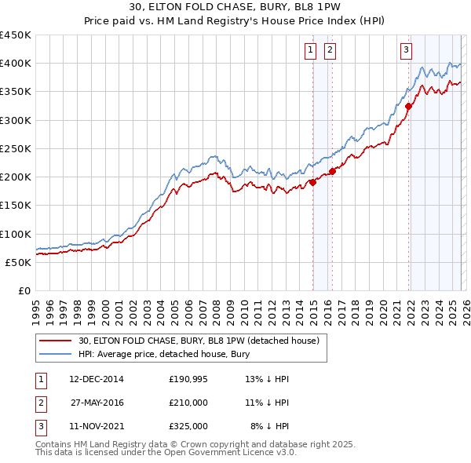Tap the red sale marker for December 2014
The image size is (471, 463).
click(312, 182)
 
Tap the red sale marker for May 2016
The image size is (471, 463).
click(332, 171)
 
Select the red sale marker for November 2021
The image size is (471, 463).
click(408, 107)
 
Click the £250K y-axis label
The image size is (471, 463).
click(16, 148)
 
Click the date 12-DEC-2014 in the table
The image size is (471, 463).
click(96, 379)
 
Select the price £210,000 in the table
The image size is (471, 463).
click(188, 403)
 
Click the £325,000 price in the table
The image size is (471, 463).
click(188, 426)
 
